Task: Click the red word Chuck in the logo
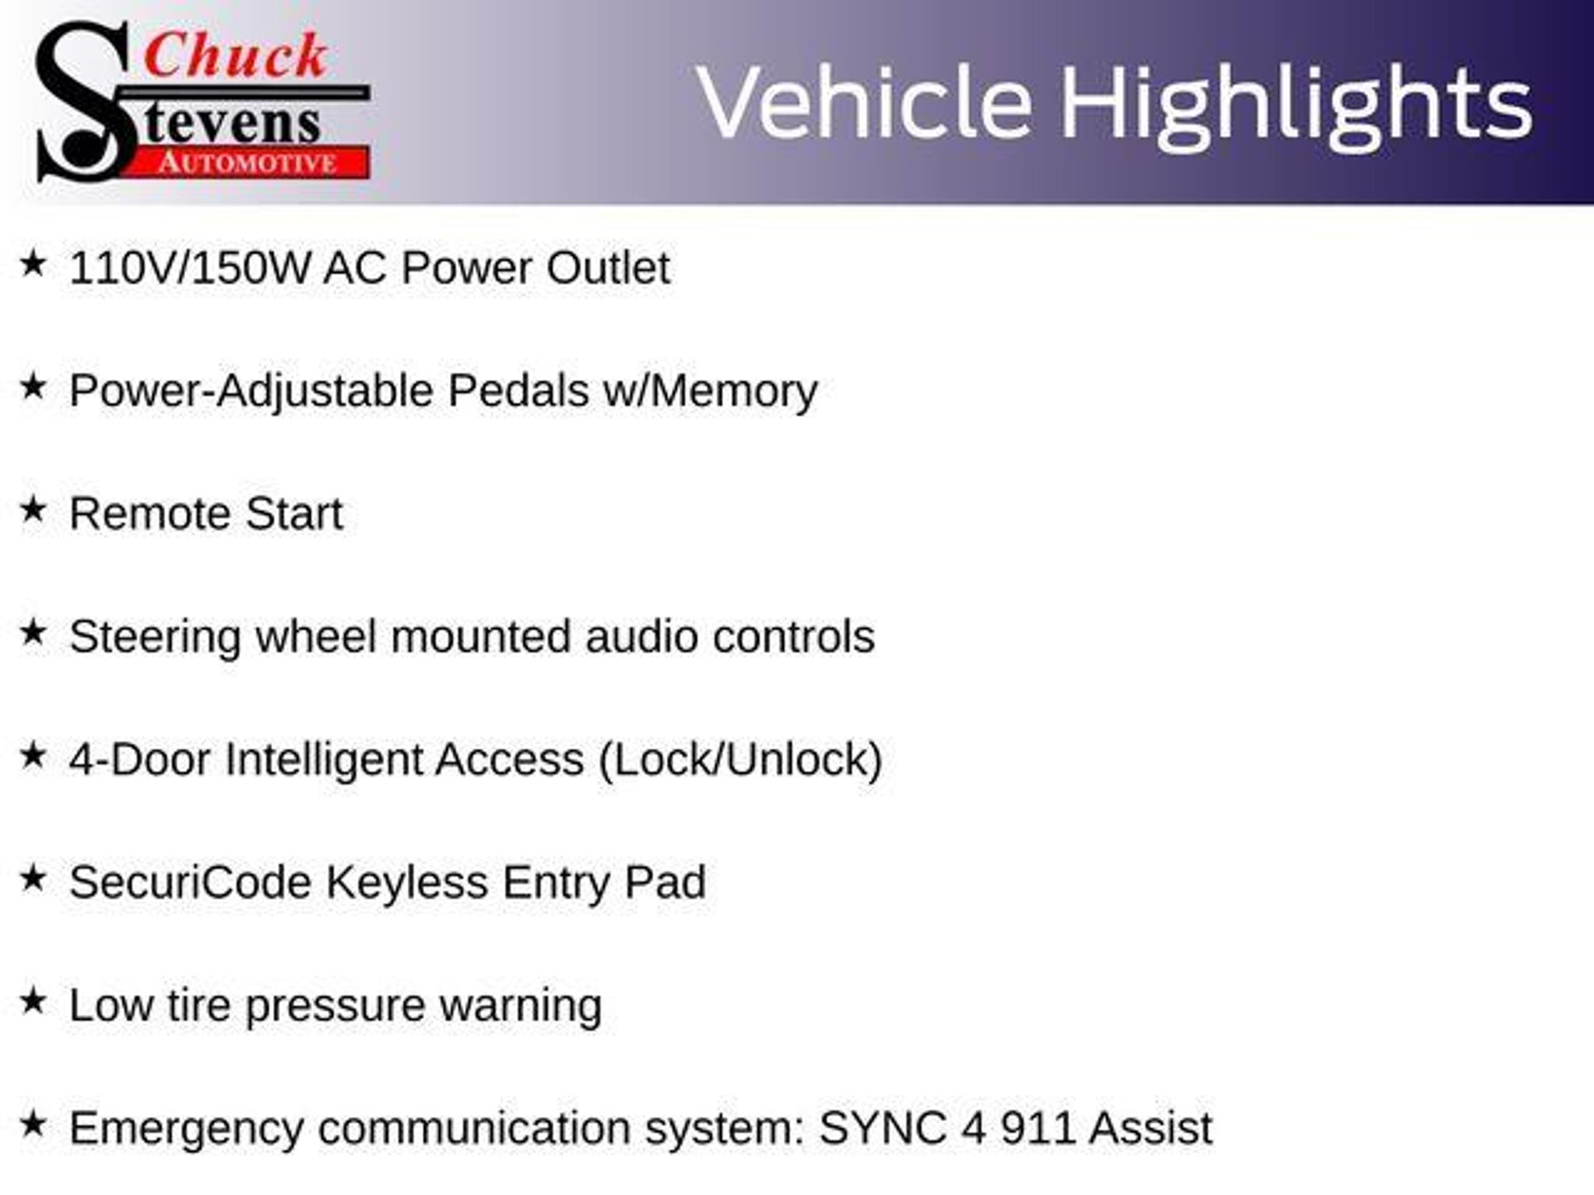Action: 235,56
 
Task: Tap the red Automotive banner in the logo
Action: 248,163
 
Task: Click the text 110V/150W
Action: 190,268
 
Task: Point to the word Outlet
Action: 608,268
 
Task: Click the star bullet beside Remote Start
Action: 33,510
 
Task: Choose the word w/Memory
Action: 711,391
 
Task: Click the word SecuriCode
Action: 190,883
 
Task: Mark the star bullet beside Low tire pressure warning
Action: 33,1002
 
